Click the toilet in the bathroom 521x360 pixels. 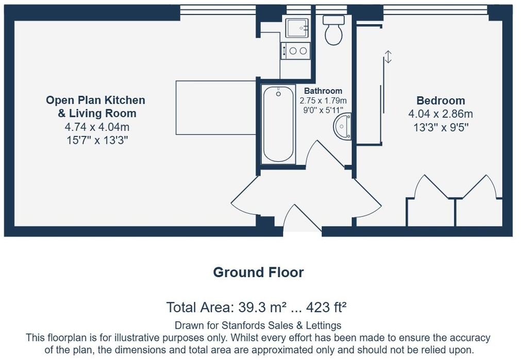click(333, 31)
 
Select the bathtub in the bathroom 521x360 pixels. click(279, 124)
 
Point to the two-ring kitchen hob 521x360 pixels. click(296, 50)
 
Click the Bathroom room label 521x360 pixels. click(323, 91)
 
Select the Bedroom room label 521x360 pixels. click(441, 100)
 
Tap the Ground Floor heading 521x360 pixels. click(258, 272)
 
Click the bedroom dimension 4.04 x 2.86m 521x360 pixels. click(441, 114)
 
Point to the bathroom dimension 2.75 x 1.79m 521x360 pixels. click(323, 100)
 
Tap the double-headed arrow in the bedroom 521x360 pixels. click(388, 57)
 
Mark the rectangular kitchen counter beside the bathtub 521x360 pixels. click(216, 107)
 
